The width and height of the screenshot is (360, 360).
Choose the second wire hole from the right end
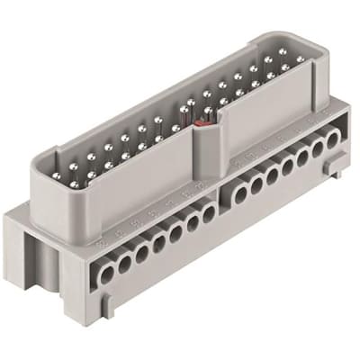pos(318,146)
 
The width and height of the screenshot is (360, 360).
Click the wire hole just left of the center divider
pos(208,212)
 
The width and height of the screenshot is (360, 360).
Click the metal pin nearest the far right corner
pos(300,60)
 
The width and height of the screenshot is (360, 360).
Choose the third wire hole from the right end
pos(302,154)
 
